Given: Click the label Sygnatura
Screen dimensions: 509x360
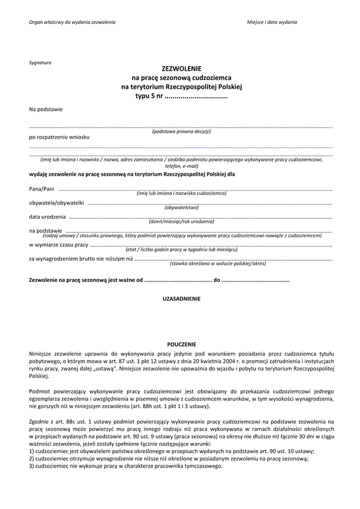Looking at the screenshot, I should [40, 62].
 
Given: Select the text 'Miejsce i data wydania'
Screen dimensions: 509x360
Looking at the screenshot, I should [272, 22].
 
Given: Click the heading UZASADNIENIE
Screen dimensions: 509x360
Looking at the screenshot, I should [181, 298].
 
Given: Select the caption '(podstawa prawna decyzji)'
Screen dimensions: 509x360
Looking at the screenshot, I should [181, 131].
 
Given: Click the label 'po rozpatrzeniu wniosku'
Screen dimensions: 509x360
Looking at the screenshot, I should [59, 137].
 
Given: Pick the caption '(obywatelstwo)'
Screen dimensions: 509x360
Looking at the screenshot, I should [181, 207].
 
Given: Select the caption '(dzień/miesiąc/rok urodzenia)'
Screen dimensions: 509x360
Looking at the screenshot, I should [181, 222].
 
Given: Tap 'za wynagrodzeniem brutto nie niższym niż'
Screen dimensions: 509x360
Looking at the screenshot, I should [81, 258].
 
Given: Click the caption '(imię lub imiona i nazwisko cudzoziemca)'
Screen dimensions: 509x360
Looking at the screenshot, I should [181, 194].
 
